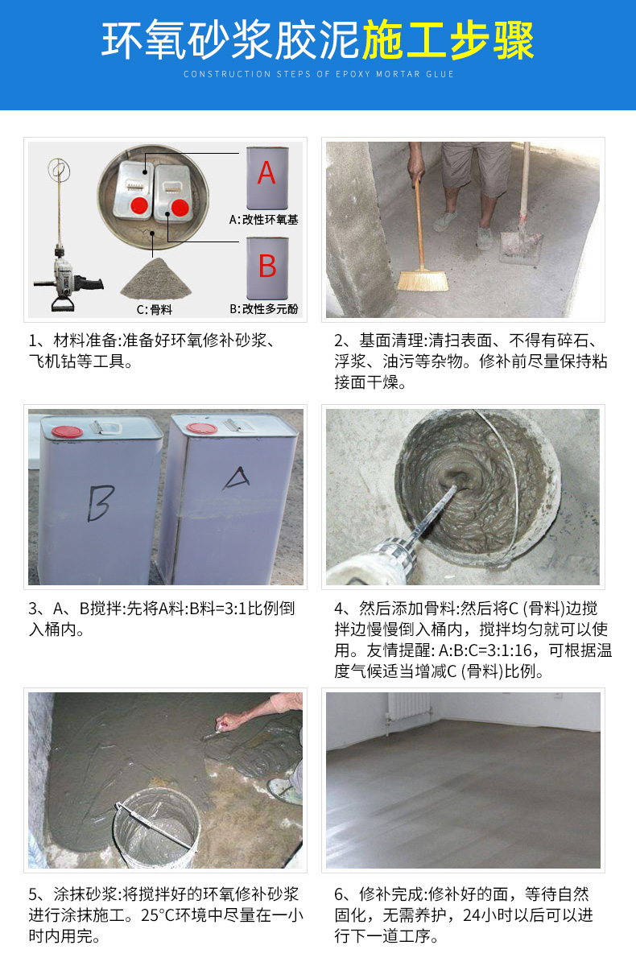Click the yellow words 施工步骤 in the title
[x=448, y=40]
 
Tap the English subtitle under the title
[x=319, y=74]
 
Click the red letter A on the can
[x=266, y=173]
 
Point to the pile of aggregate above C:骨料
[x=155, y=279]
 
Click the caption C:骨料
[x=155, y=310]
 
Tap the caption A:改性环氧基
[x=264, y=220]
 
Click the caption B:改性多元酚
[x=264, y=309]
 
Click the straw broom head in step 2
[x=422, y=280]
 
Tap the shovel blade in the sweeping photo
[x=520, y=249]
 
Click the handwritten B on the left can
[x=101, y=503]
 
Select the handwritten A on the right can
[x=236, y=479]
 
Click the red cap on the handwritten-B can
[x=67, y=431]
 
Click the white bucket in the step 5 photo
[x=156, y=828]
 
